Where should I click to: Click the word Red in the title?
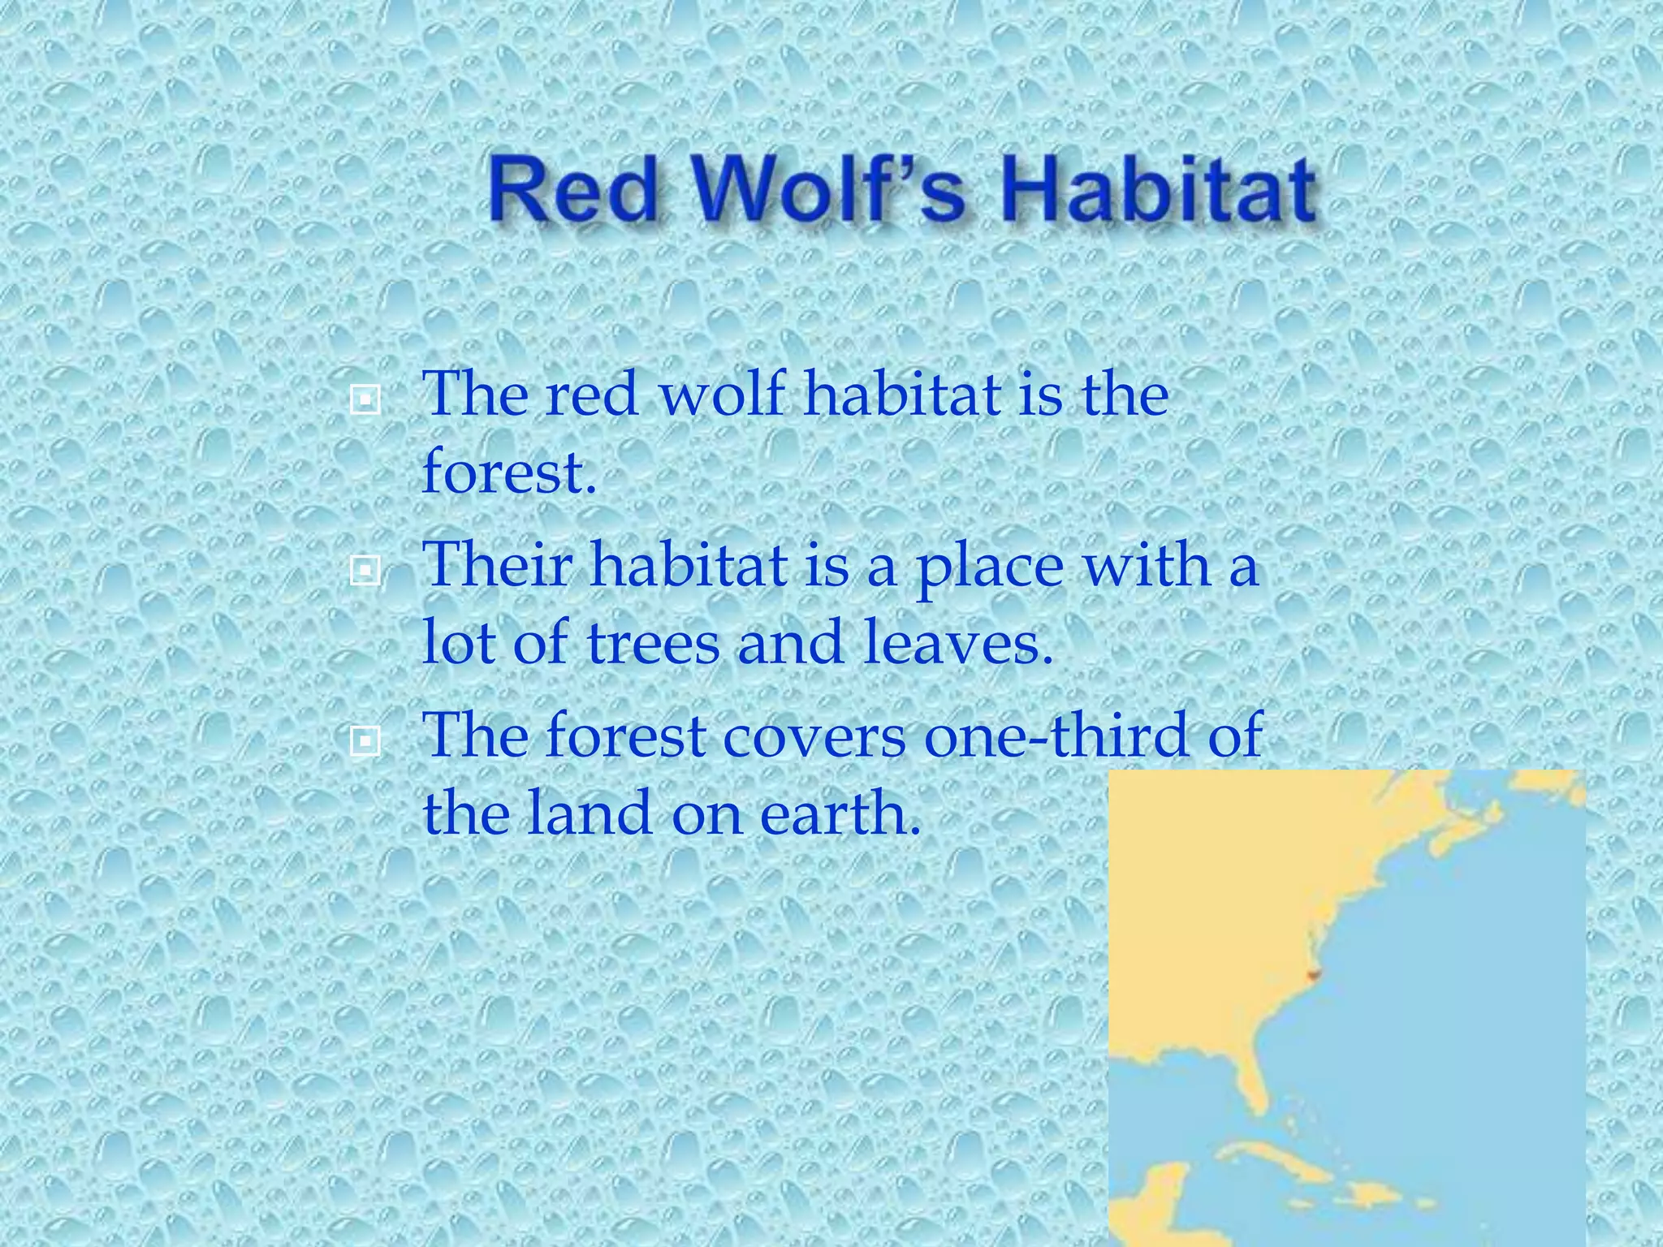click(572, 192)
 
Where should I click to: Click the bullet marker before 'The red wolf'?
click(365, 399)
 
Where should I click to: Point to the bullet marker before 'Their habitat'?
click(365, 572)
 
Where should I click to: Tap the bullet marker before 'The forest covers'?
click(365, 740)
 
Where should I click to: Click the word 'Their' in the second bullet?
click(499, 565)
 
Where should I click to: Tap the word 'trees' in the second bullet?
click(652, 643)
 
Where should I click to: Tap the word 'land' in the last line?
click(589, 813)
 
